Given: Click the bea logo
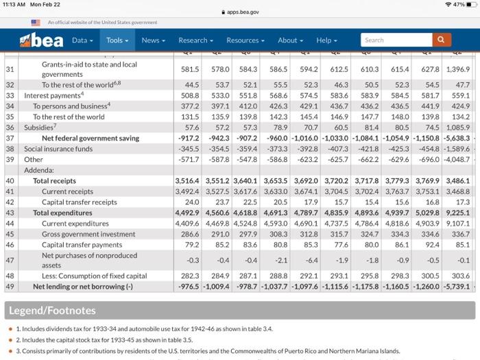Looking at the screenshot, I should tap(43, 40).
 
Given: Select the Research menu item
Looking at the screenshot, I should tap(196, 40).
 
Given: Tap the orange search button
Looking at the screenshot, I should tap(442, 40).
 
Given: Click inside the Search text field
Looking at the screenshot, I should tap(396, 40).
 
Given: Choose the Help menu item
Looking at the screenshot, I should tap(326, 40).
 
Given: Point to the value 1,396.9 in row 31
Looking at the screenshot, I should tap(457, 69).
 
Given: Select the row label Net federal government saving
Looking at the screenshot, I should tap(91, 138).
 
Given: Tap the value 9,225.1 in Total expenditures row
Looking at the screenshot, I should tap(457, 213).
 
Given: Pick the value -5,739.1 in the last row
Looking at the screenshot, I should tap(457, 286).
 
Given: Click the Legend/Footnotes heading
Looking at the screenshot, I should tap(52, 311).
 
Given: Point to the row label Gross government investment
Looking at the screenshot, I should tap(89, 234).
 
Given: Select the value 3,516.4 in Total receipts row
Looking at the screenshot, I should tap(187, 181).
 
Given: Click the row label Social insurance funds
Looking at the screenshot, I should tap(58, 148).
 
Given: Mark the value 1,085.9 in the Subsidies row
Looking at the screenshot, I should tap(457, 128).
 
